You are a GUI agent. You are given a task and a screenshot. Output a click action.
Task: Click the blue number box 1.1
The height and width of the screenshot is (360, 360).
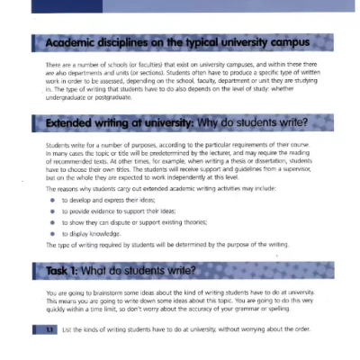[37, 329]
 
